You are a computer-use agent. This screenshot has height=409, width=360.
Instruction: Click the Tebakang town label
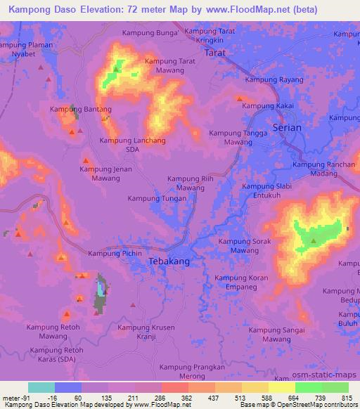click(169, 261)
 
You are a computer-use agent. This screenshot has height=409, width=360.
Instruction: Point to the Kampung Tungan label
click(157, 198)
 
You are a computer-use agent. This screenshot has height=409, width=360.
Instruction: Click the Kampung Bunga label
click(150, 33)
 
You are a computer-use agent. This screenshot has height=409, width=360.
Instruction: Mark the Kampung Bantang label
click(81, 110)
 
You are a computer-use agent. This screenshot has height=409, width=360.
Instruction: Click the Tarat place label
click(214, 53)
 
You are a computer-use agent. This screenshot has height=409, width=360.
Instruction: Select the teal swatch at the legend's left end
click(41, 387)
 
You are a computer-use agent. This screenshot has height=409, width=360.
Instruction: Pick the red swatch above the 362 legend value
click(174, 387)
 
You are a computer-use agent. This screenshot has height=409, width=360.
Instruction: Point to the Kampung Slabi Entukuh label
click(266, 190)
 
